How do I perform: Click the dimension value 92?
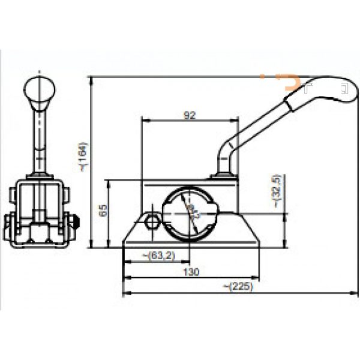(190, 116)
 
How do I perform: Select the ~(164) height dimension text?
(83, 157)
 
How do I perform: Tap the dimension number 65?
(103, 210)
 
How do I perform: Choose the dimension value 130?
(190, 272)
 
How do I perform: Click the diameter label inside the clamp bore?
(193, 212)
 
